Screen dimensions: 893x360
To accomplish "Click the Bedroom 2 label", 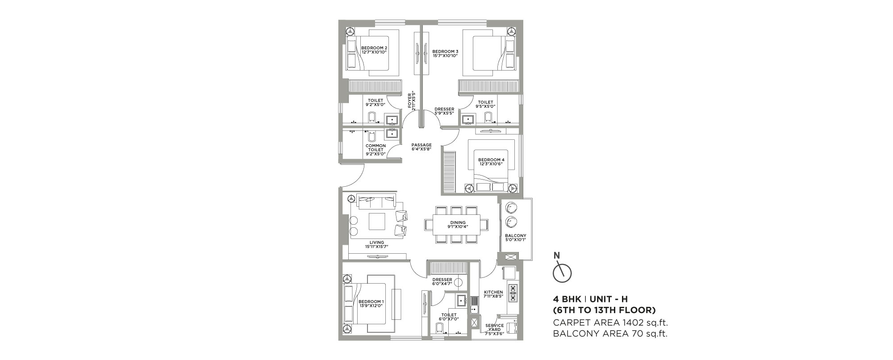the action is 374,50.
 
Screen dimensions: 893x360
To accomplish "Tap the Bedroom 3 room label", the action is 446,53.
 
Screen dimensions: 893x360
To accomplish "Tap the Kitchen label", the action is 493,294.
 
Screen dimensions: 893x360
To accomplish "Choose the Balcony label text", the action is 516,238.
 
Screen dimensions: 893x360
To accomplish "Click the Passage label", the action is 421,147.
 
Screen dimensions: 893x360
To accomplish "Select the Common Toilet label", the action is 375,150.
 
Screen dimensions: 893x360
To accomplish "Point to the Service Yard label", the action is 494,330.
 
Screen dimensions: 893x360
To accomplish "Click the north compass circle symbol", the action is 562,273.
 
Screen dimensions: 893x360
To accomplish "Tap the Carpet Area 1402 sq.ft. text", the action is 610,322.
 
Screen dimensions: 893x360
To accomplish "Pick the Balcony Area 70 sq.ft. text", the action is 610,333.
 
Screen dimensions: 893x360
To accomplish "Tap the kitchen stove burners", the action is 512,293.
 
